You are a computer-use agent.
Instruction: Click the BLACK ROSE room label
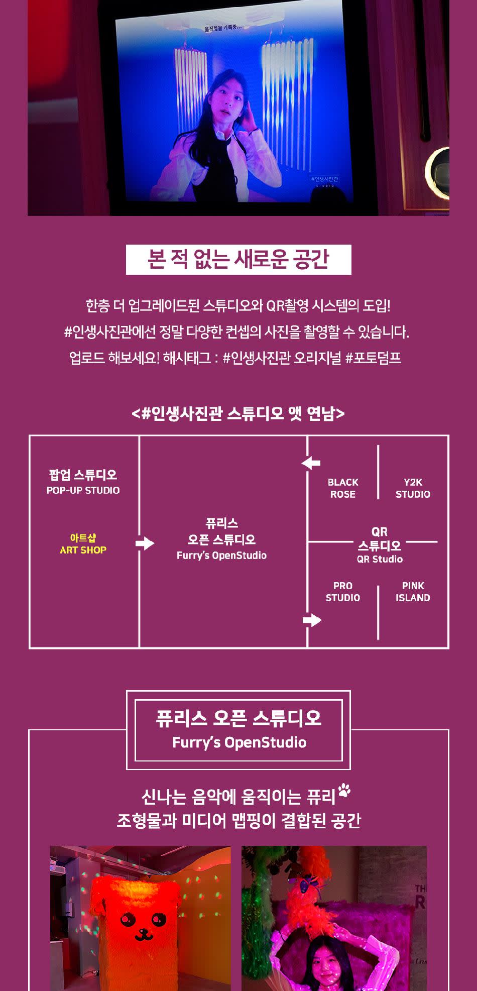pyautogui.click(x=343, y=488)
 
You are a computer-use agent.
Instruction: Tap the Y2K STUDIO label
pyautogui.click(x=413, y=488)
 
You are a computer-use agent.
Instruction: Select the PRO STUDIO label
pyautogui.click(x=343, y=591)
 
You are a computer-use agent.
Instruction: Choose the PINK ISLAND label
pyautogui.click(x=413, y=591)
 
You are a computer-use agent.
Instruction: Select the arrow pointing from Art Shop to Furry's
pyautogui.click(x=145, y=543)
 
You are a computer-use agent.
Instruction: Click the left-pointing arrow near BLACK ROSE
pyautogui.click(x=311, y=463)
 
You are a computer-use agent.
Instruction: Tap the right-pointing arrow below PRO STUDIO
pyautogui.click(x=312, y=620)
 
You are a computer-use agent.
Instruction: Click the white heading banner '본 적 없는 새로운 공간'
pyautogui.click(x=238, y=260)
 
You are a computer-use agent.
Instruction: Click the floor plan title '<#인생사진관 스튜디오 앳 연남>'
pyautogui.click(x=238, y=413)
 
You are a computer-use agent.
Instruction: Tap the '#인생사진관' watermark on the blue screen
pyautogui.click(x=325, y=179)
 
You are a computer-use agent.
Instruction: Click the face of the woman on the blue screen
pyautogui.click(x=224, y=95)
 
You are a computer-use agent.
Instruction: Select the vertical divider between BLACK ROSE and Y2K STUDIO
pyautogui.click(x=378, y=472)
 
